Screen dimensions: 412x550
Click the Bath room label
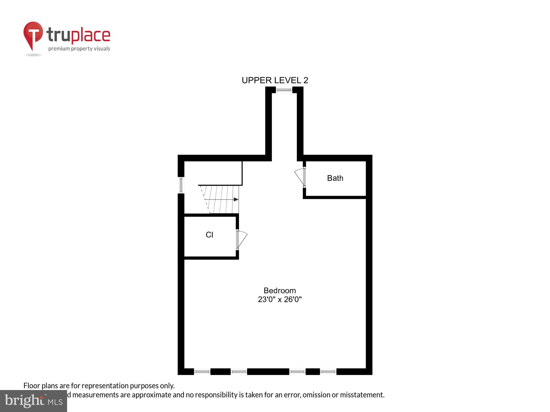point(335,178)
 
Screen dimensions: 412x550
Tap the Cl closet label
point(209,235)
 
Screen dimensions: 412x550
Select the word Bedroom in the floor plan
point(280,291)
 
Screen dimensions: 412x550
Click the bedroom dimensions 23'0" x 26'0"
point(280,299)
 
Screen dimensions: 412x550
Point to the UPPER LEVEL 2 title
point(275,80)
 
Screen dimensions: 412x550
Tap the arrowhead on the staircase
point(236,199)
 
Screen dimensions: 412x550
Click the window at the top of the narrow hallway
point(284,90)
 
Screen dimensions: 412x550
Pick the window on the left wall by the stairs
point(181,185)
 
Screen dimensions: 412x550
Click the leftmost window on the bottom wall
point(202,372)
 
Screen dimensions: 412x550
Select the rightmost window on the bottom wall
point(328,372)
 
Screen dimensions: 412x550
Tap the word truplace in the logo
point(78,35)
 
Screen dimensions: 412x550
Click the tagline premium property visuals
point(79,49)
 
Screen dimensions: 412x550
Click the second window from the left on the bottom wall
point(239,372)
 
